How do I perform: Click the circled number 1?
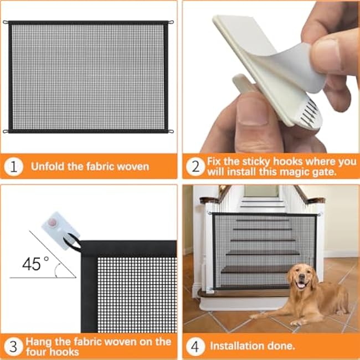pyautogui.click(x=13, y=167)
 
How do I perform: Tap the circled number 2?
pyautogui.click(x=196, y=167)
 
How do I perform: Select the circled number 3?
pyautogui.click(x=13, y=347)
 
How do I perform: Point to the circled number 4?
pyautogui.click(x=196, y=347)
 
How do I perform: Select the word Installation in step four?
pyautogui.click(x=237, y=346)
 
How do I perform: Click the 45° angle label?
pyautogui.click(x=35, y=264)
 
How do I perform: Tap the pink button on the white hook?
pyautogui.click(x=53, y=222)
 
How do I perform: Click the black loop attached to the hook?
pyautogui.click(x=72, y=243)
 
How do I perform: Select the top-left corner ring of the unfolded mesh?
pyautogui.click(x=6, y=22)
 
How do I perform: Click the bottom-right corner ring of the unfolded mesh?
pyautogui.click(x=171, y=132)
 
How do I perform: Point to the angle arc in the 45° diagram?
pyautogui.click(x=56, y=270)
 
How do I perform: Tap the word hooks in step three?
pyautogui.click(x=64, y=352)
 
